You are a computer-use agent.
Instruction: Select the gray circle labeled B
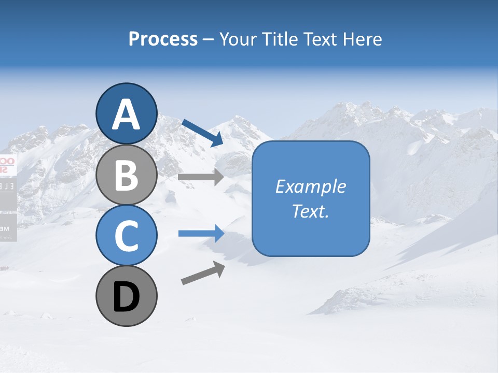126,176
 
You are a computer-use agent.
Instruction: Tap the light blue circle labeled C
126,236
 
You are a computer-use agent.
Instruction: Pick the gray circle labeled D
126,296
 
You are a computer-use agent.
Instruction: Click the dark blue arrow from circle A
203,133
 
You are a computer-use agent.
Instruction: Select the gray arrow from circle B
201,177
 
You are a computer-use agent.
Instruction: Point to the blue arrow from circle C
201,234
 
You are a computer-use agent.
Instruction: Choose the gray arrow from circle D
203,274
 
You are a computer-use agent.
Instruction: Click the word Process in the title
163,39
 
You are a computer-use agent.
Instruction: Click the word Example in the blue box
310,187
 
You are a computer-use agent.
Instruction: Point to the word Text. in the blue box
310,211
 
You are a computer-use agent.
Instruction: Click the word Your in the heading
236,39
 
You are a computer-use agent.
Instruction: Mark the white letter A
126,114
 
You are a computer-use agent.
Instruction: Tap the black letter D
126,298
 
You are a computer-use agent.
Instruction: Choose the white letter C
126,236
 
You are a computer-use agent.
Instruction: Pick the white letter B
126,176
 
